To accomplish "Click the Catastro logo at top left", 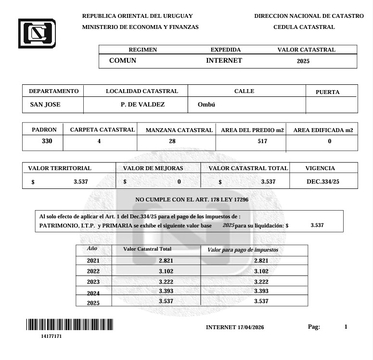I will [37, 33].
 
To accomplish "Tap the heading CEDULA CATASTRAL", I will [304, 27].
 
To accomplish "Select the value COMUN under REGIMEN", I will [123, 61].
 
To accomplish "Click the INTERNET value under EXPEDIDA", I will [224, 61].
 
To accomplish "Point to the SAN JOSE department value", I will [45, 105].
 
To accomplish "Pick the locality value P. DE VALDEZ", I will [142, 105].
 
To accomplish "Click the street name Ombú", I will [206, 105].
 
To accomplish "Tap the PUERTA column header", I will [327, 92].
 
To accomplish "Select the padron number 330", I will [47, 141].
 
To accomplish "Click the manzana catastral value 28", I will [172, 142].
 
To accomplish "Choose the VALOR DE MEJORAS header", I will [153, 169].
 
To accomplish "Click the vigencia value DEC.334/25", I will [323, 182].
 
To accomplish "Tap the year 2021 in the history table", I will [93, 261].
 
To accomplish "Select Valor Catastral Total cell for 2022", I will [166, 271].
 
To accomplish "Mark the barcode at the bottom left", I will [69, 324].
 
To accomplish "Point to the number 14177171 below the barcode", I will [51, 336].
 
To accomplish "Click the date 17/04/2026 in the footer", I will [251, 327].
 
